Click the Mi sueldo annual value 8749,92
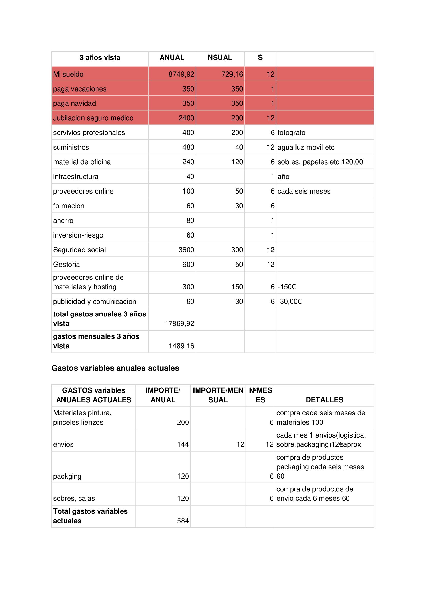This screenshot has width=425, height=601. [181, 74]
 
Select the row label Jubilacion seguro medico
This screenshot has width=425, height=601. [93, 118]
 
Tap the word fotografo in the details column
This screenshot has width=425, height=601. [291, 133]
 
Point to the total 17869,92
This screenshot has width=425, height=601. [179, 324]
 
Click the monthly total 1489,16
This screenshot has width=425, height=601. [181, 346]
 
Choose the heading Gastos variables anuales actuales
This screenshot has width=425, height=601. [115, 368]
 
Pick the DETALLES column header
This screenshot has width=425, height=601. [324, 400]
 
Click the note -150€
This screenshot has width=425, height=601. [287, 287]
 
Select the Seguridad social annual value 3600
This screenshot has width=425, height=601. [186, 250]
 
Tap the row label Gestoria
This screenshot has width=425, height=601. [67, 264]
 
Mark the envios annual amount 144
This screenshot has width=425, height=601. [183, 444]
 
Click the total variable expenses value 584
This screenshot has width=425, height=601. [183, 521]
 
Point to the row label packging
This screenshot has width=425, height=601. [67, 476]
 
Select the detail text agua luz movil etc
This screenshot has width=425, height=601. [306, 147]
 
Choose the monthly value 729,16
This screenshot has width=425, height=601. [232, 74]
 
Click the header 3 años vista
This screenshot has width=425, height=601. [100, 58]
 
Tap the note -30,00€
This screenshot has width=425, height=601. [289, 302]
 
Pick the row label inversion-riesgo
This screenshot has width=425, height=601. [78, 235]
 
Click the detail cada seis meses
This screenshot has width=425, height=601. [304, 191]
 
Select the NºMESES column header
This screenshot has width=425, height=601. [260, 395]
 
